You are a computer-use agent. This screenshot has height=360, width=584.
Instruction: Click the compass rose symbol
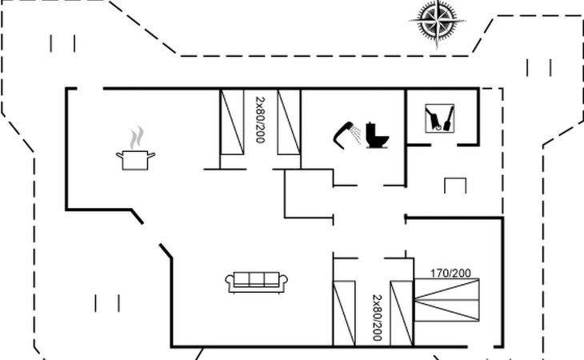click(437, 22)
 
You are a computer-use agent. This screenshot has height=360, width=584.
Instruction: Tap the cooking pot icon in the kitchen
click(135, 160)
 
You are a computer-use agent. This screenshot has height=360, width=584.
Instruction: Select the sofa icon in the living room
click(256, 282)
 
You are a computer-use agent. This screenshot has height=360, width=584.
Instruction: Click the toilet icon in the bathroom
click(377, 135)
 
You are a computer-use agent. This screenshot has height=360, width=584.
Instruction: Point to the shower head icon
click(342, 134)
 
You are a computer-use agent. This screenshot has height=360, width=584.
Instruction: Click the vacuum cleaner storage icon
click(439, 118)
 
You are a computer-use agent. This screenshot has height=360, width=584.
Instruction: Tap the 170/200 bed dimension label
click(450, 274)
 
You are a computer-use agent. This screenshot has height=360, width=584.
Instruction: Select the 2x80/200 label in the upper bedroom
click(260, 120)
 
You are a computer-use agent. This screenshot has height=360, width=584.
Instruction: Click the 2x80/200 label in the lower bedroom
click(378, 318)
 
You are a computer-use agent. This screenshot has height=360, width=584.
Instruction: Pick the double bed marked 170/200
click(446, 300)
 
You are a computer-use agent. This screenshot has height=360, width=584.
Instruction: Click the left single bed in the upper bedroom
click(232, 122)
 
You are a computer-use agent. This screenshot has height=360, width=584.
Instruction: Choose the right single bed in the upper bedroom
click(289, 122)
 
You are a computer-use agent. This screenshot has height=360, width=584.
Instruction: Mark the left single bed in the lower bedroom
click(344, 314)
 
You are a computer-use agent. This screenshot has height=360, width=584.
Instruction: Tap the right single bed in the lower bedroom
click(402, 314)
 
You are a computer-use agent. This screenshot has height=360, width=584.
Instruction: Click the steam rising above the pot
click(137, 138)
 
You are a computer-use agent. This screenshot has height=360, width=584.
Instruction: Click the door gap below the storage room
click(444, 145)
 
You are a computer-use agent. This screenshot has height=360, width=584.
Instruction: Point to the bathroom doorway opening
click(370, 185)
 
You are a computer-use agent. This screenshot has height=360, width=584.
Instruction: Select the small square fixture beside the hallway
click(455, 186)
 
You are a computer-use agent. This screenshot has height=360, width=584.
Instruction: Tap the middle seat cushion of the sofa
click(257, 278)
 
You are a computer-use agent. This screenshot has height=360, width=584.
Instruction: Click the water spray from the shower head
click(357, 134)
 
